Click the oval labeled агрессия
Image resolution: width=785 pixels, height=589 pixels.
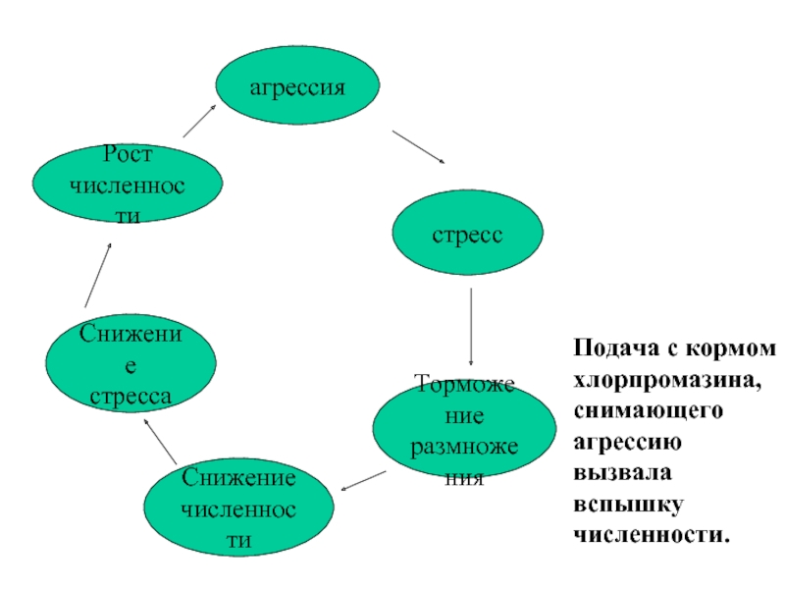(x=297, y=85)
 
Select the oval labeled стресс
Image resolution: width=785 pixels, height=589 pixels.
(x=468, y=233)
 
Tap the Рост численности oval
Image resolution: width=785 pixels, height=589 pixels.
(x=128, y=184)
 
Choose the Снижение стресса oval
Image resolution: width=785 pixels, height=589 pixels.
(x=131, y=363)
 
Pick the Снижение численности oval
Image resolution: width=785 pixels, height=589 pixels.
(x=238, y=507)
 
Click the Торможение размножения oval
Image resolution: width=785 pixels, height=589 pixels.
(x=464, y=427)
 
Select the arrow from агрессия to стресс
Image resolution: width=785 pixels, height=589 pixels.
(x=419, y=147)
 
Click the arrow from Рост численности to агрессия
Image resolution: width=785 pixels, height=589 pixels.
(x=199, y=121)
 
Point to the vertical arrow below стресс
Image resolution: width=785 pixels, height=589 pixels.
(x=471, y=327)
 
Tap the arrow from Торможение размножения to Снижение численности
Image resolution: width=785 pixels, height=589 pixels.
(x=363, y=481)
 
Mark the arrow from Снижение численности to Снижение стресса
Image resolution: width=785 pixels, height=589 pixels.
(x=160, y=441)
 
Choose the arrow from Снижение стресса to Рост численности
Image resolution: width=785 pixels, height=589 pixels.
(x=98, y=275)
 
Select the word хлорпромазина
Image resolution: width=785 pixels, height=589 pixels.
(x=667, y=381)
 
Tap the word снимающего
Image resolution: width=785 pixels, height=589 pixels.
(x=649, y=411)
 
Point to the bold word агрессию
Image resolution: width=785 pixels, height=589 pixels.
(x=627, y=443)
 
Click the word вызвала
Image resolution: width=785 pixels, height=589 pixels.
(x=622, y=473)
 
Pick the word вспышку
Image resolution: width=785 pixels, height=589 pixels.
(x=628, y=505)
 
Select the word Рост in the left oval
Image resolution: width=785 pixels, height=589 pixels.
(x=128, y=154)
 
